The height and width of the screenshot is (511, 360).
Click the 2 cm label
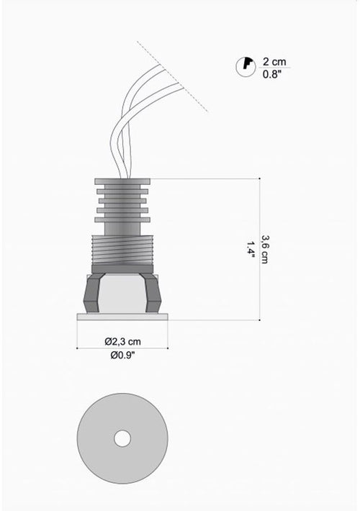(x=274, y=62)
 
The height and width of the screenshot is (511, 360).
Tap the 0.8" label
(x=272, y=74)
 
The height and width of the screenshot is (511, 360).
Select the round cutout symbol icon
(x=246, y=67)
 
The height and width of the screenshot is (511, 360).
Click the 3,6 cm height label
(x=264, y=249)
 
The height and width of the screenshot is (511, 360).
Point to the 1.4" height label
(x=251, y=249)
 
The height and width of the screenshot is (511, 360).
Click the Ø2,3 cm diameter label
(x=122, y=342)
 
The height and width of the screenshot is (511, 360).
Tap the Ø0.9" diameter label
(x=122, y=355)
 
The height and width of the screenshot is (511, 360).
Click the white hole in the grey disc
(x=122, y=438)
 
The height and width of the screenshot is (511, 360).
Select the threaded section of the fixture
(x=122, y=249)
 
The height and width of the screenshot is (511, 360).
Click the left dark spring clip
(x=93, y=293)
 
